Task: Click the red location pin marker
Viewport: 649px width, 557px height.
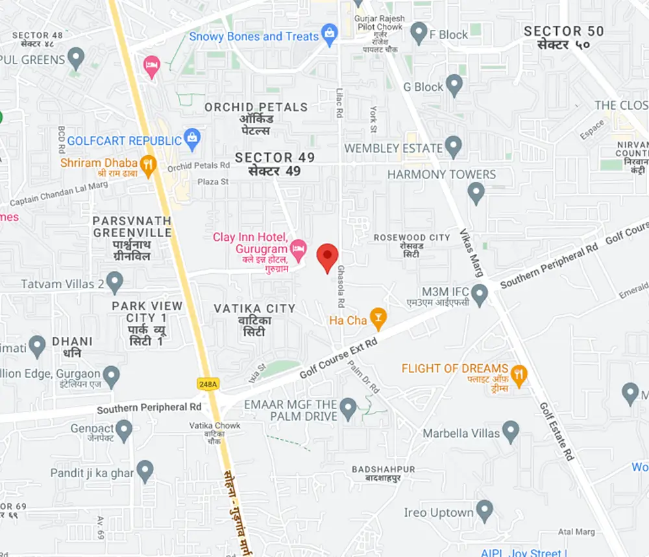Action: point(327,256)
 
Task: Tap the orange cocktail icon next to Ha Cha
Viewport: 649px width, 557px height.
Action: point(378,318)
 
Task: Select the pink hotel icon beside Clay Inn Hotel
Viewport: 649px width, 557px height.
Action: point(298,247)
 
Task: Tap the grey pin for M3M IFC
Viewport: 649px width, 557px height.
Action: point(480,295)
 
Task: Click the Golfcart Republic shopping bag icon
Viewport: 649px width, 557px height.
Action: point(192,138)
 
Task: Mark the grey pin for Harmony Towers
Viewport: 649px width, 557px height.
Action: point(477,192)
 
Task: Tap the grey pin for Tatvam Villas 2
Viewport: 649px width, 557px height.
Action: point(115,282)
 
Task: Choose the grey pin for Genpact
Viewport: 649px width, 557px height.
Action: point(124,429)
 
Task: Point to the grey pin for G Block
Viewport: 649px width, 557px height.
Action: point(454,84)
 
